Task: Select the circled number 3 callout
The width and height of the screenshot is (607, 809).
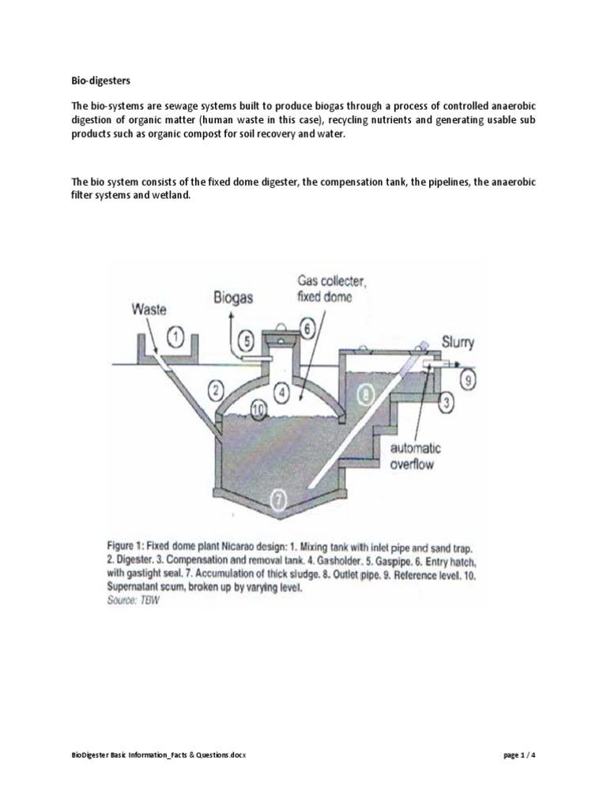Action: tap(447, 404)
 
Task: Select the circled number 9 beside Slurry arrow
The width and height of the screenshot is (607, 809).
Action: tap(468, 381)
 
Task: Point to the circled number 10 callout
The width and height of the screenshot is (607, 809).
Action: tap(257, 408)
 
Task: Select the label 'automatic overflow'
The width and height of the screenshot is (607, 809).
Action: tap(415, 457)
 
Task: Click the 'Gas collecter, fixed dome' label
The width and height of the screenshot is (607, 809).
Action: tap(326, 288)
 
